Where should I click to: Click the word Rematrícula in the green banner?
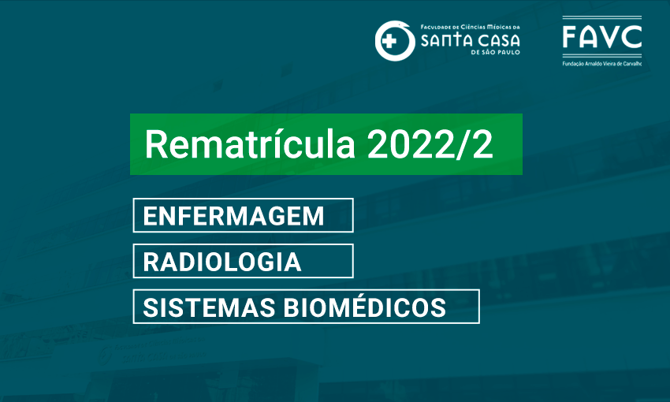[250, 144]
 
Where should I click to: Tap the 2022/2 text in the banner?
[430, 144]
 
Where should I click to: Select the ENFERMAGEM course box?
[243, 215]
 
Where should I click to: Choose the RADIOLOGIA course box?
[243, 261]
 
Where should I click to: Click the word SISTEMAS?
[209, 307]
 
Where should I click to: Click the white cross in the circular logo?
[389, 42]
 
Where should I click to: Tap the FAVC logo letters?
[602, 37]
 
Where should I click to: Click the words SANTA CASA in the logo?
[470, 40]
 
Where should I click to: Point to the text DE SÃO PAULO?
[495, 53]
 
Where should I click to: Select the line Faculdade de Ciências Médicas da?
[470, 27]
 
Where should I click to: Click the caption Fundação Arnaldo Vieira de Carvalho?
[602, 64]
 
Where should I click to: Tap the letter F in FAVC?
[570, 37]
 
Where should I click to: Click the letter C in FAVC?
[631, 37]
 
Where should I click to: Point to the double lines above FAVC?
[602, 18]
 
